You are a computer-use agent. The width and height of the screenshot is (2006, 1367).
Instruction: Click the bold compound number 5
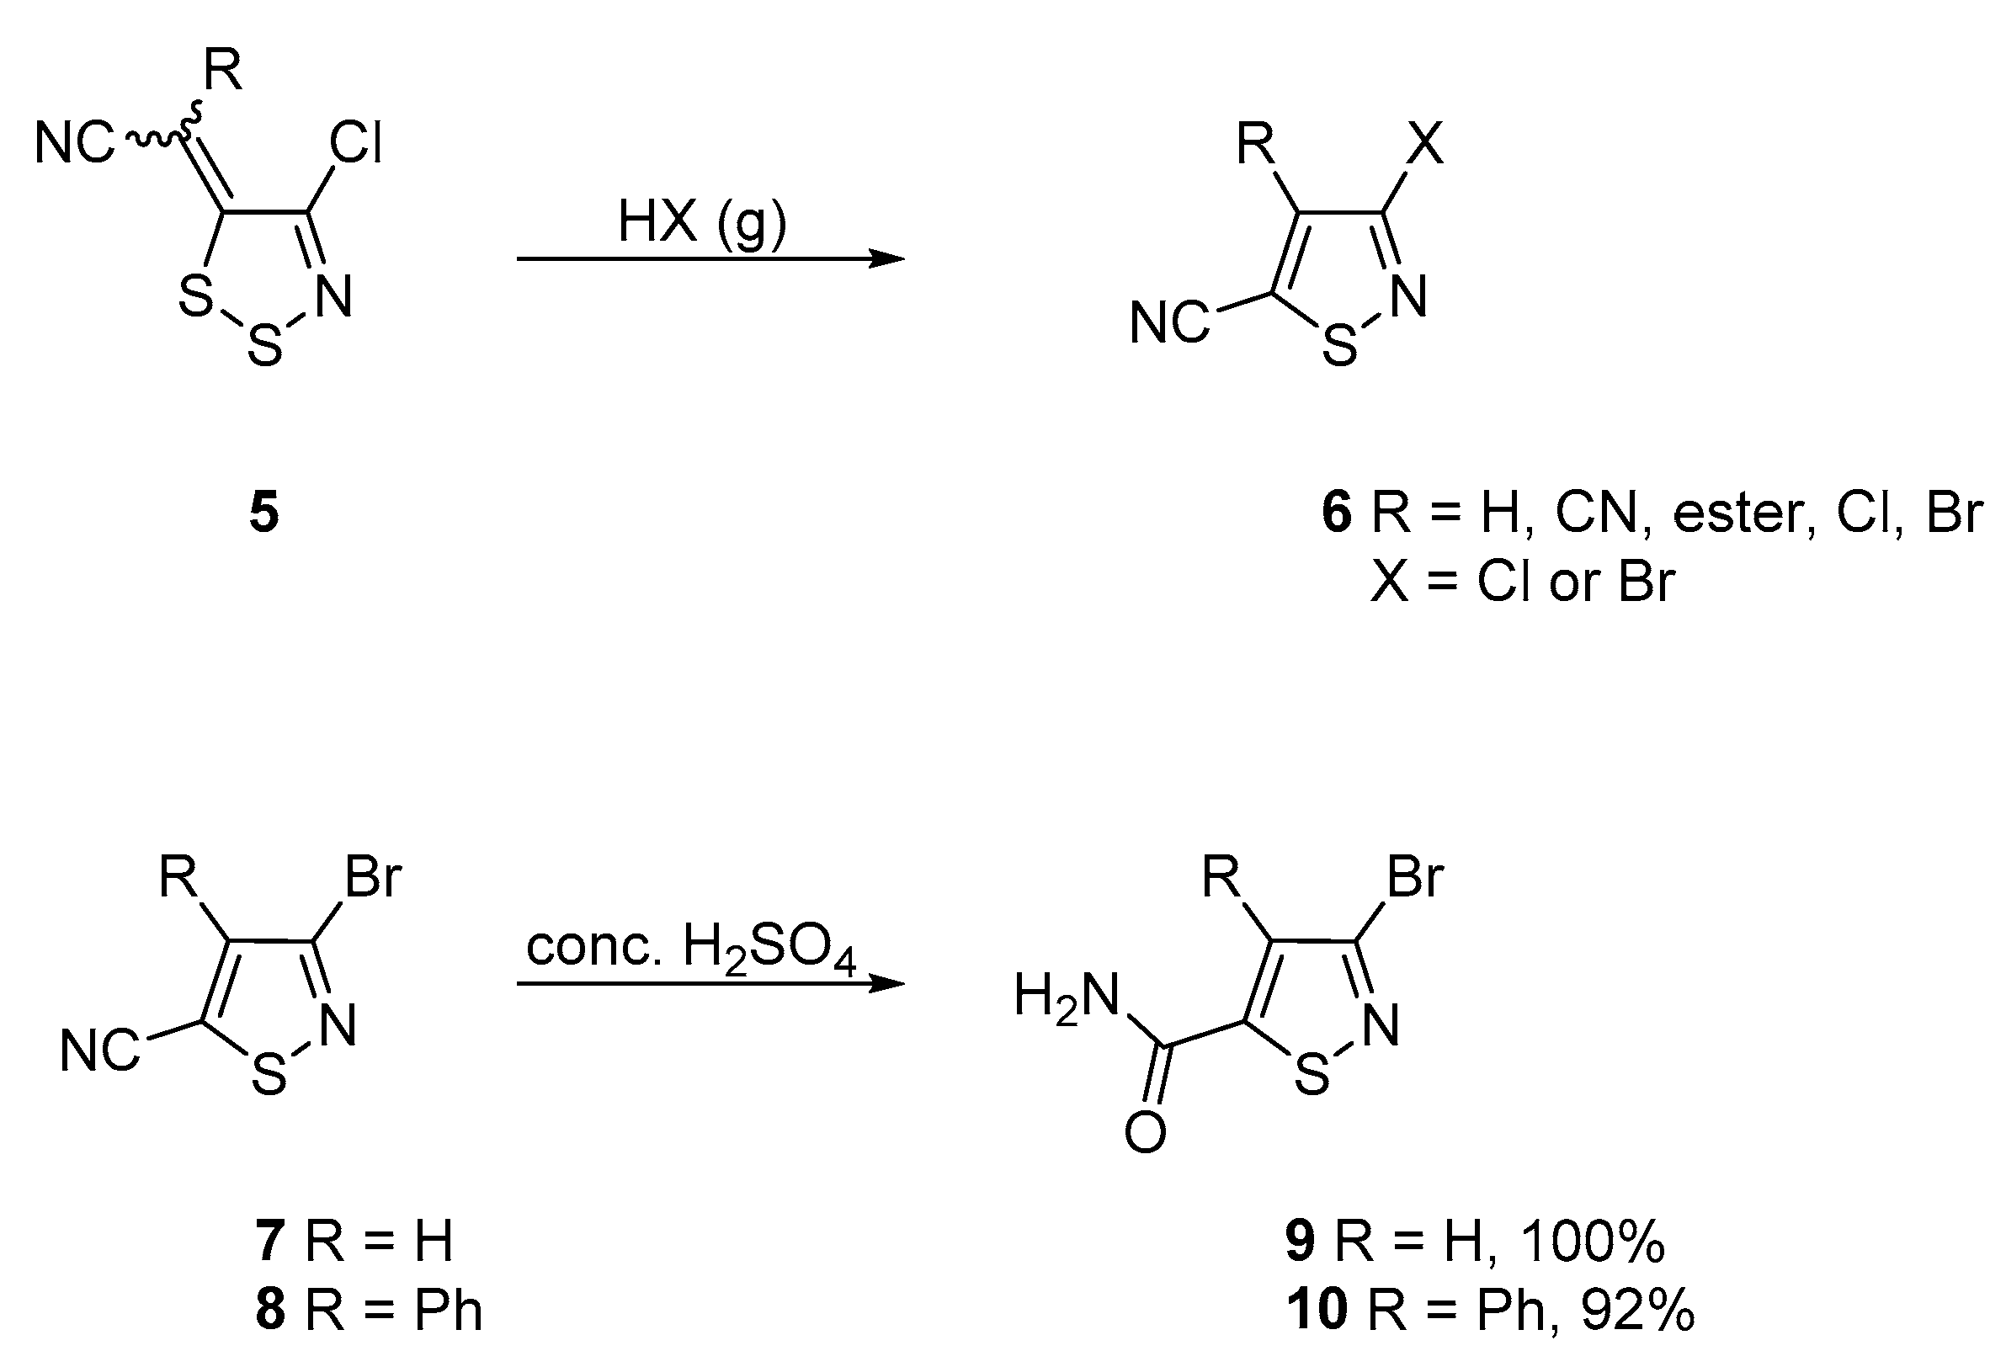(264, 513)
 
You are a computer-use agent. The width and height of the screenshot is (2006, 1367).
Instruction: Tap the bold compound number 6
(1336, 513)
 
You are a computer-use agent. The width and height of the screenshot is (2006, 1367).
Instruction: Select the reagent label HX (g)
(702, 223)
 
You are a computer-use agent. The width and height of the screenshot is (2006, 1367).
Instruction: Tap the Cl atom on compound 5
(355, 144)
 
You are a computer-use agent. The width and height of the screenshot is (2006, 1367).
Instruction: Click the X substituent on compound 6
(1425, 144)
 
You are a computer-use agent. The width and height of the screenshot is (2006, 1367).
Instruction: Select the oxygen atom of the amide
(1146, 1133)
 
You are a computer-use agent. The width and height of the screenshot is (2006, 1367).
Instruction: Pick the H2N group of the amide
(1066, 998)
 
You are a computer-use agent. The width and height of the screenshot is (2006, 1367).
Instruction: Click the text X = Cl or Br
(1523, 582)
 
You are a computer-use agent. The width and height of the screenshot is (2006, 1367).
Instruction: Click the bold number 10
(1317, 1310)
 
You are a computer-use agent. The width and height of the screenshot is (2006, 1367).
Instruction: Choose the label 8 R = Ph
(369, 1310)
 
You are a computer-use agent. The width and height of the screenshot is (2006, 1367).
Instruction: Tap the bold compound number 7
(270, 1242)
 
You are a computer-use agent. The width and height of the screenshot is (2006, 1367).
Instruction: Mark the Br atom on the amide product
(1415, 878)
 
